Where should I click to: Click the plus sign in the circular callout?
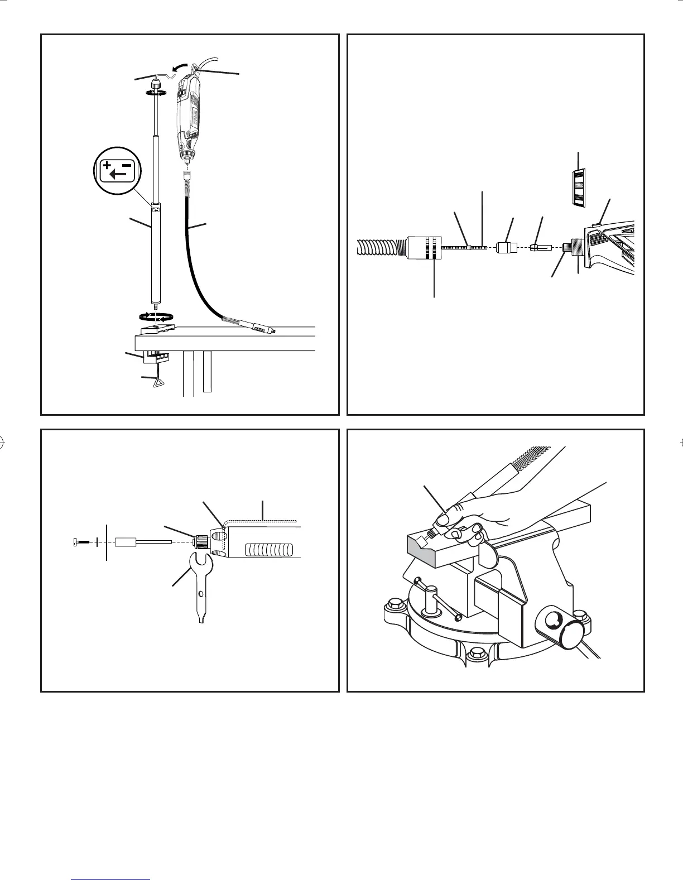pos(107,166)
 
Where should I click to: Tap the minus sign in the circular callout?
pos(127,165)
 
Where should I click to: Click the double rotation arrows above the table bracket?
pos(155,316)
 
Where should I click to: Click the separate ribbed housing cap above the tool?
pos(578,188)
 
